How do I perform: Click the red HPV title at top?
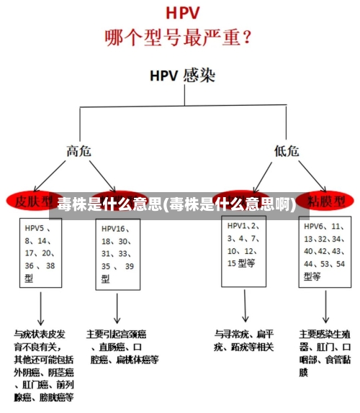click(x=181, y=13)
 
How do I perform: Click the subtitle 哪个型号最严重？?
click(x=179, y=36)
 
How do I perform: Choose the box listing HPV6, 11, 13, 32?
click(x=325, y=251)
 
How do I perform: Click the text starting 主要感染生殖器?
click(x=325, y=353)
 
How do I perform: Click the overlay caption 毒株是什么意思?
click(x=176, y=204)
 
